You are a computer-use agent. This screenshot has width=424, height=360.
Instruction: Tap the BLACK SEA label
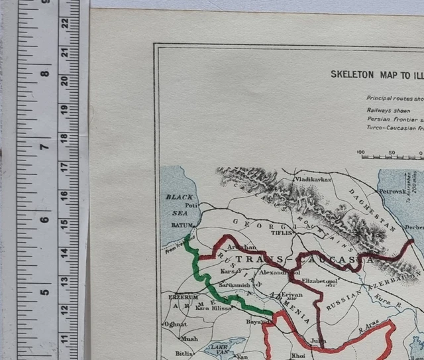[178, 202]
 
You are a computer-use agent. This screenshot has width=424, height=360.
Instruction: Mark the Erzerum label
[183, 296]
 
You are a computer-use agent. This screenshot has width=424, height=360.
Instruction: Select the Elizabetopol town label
[319, 280]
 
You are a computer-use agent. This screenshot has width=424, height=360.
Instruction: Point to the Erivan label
[291, 294]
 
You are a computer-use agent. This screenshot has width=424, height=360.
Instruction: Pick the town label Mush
[189, 338]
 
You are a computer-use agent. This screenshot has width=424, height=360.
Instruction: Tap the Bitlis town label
[184, 353]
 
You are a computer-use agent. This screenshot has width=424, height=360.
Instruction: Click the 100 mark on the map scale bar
[361, 152]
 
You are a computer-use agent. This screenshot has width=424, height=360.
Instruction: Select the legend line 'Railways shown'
[388, 110]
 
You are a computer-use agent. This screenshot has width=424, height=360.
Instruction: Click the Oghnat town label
[176, 324]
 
